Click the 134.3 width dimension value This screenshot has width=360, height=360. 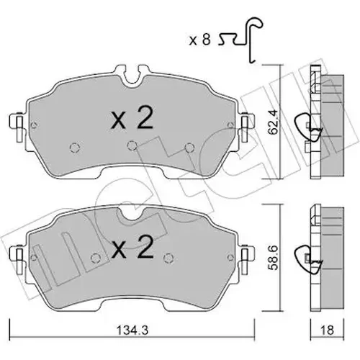pyautogui.click(x=132, y=330)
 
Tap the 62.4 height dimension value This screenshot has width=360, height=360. pyautogui.click(x=274, y=122)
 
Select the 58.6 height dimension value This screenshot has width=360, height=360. pyautogui.click(x=274, y=258)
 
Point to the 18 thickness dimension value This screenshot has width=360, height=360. pyautogui.click(x=327, y=330)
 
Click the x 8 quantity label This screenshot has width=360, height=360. pyautogui.click(x=199, y=40)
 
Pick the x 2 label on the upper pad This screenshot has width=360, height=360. pyautogui.click(x=132, y=118)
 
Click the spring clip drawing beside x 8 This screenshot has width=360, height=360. pyautogui.click(x=240, y=40)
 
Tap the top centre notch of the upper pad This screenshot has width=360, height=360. pyautogui.click(x=132, y=77)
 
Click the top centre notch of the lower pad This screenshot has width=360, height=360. pyautogui.click(x=131, y=212)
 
